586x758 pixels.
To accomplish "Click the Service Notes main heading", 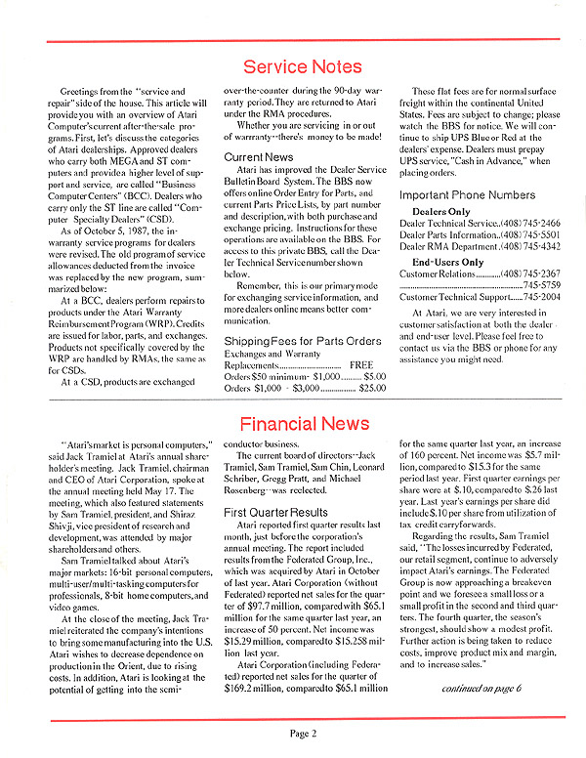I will pyautogui.click(x=303, y=67).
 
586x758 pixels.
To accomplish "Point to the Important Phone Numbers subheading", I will pyautogui.click(x=468, y=194).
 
